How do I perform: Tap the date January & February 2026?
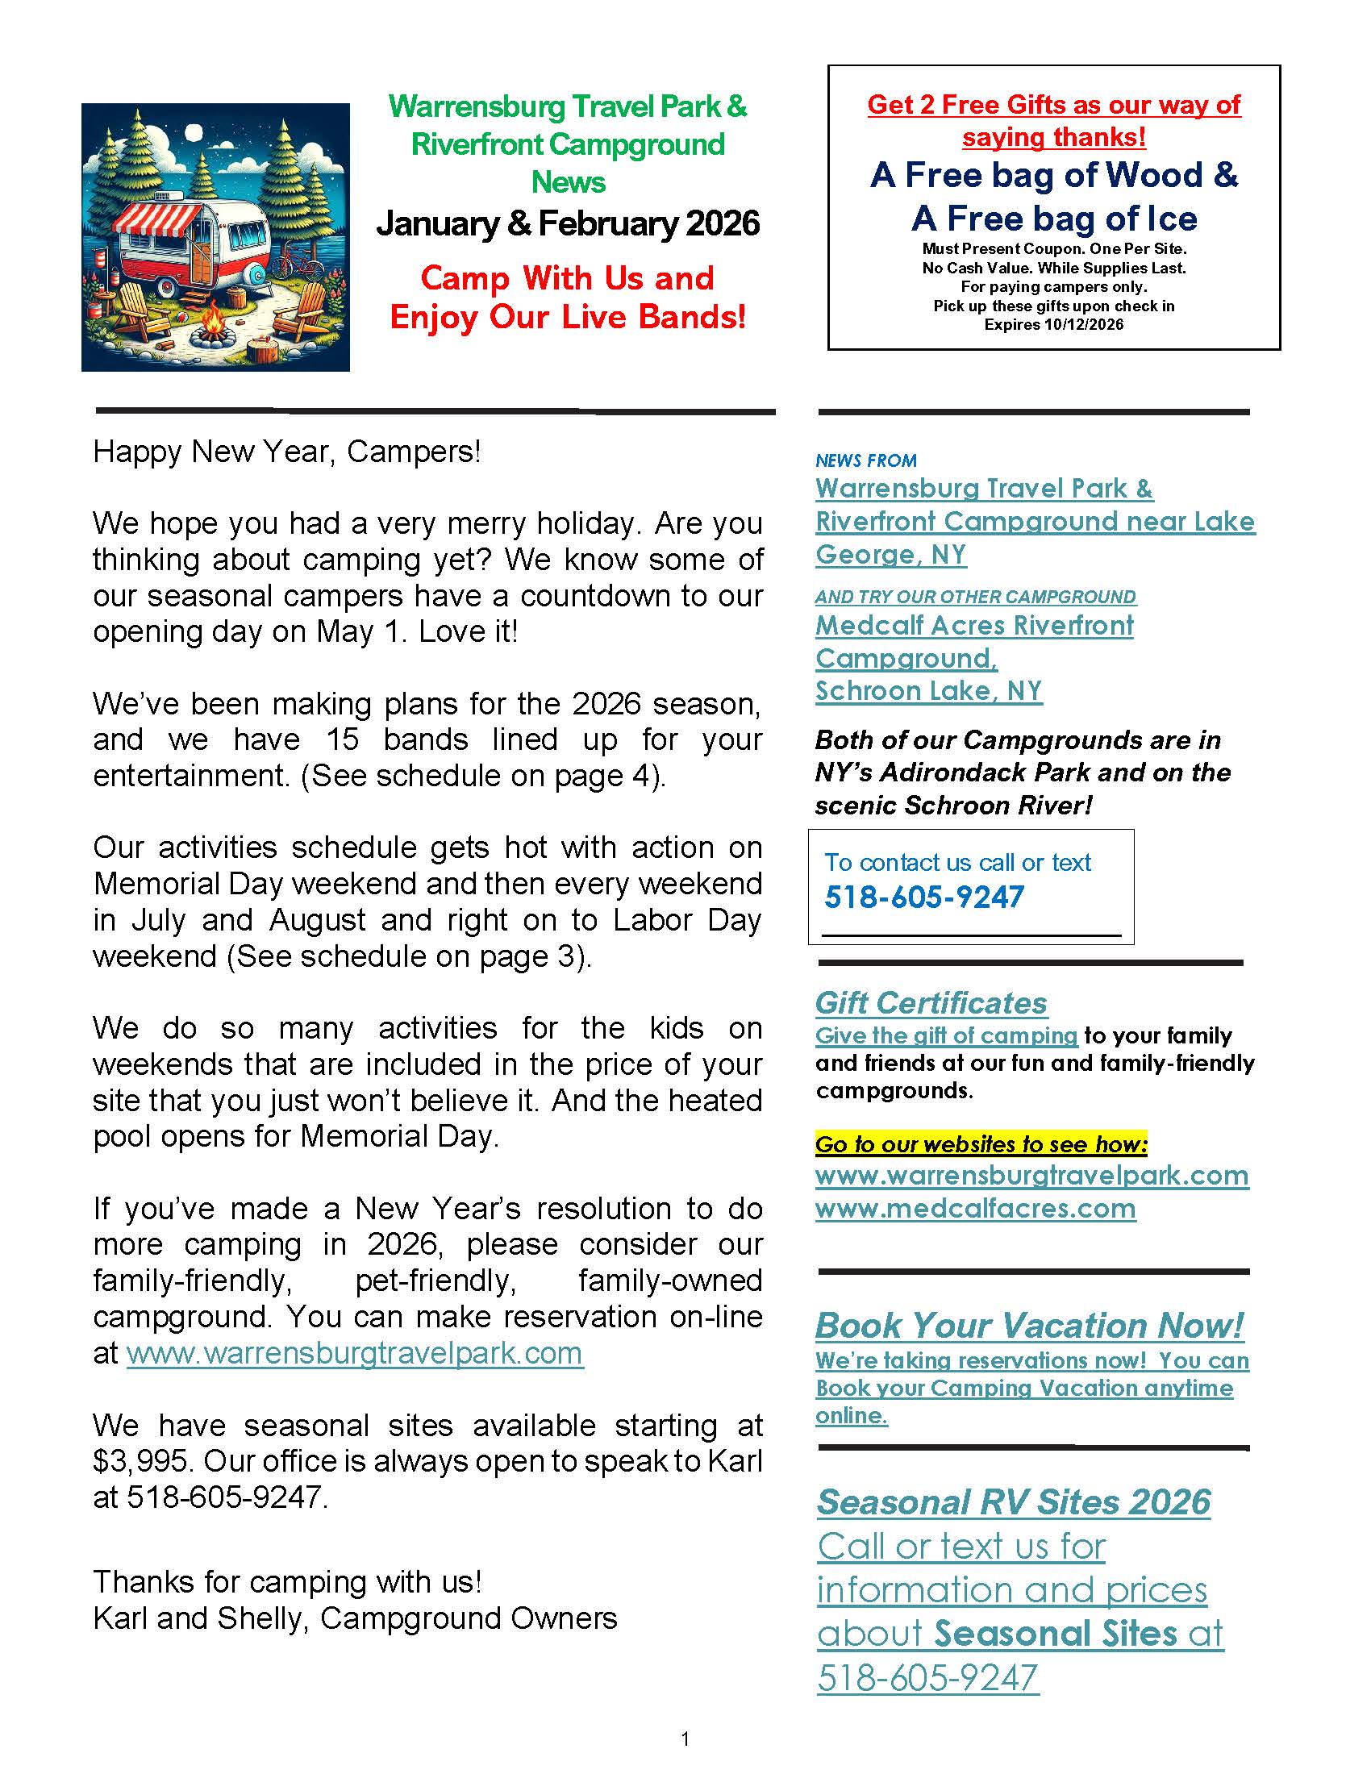coord(568,223)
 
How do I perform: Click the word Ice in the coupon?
coord(1171,219)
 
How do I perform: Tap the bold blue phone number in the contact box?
coord(923,897)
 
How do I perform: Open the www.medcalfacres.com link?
coord(976,1209)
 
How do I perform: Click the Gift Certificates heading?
coord(931,1003)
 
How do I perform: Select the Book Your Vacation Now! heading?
coord(1029,1326)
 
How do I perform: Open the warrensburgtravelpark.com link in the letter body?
coord(355,1354)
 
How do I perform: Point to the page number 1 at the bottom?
coord(685,1739)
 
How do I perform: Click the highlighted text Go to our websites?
coord(981,1144)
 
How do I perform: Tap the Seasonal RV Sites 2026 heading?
coord(1014,1502)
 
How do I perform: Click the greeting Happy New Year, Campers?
coord(287,452)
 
